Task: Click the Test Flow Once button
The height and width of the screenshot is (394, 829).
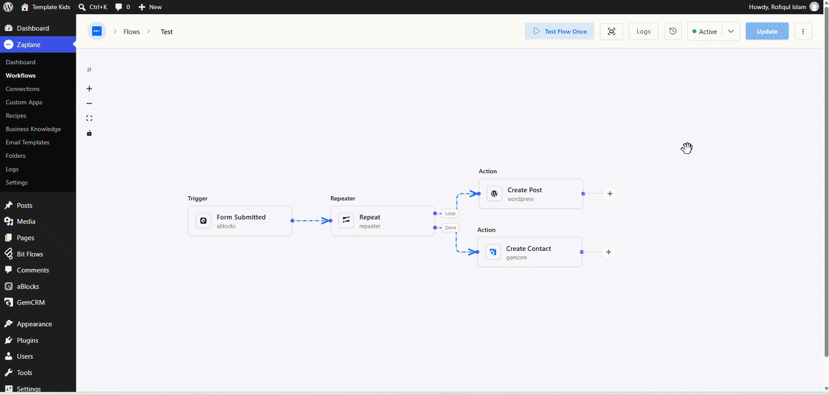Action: pos(559,32)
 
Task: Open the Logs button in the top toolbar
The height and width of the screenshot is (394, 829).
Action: pos(643,32)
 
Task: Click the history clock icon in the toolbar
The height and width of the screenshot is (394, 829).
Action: pos(673,32)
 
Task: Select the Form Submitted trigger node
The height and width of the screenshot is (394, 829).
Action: pos(240,221)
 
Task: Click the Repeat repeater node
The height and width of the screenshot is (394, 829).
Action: pos(382,221)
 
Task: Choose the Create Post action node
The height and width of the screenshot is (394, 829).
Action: pos(530,193)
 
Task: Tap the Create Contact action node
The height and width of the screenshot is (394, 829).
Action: pos(529,252)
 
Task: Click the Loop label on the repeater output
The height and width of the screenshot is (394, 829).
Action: pos(450,213)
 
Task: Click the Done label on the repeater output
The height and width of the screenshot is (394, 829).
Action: pos(450,228)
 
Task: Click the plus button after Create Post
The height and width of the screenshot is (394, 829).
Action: pos(610,193)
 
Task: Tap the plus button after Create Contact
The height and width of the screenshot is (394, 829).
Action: pos(608,252)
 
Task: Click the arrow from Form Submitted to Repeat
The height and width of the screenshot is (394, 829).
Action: pos(312,221)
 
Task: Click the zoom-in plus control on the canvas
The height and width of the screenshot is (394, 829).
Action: pos(89,89)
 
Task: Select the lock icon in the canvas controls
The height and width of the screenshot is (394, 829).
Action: pos(89,133)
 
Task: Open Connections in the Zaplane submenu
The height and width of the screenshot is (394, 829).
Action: pos(23,89)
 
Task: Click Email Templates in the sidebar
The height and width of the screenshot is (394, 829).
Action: pos(27,142)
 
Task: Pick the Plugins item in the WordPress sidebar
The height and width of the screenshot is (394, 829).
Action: pos(27,340)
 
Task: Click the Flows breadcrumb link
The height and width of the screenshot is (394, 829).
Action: pos(131,32)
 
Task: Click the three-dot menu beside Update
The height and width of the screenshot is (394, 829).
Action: pos(803,32)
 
